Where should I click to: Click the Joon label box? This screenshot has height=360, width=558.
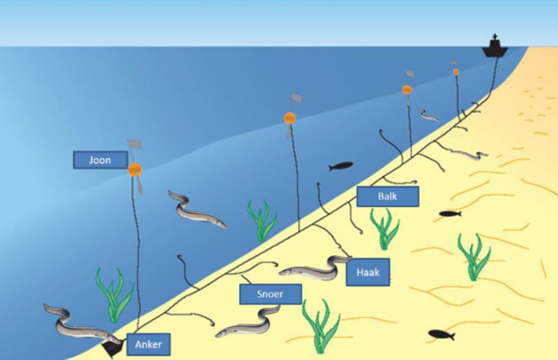[x=100, y=160]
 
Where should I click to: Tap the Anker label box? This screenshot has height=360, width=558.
[x=148, y=345]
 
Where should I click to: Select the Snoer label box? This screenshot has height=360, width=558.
[x=270, y=294]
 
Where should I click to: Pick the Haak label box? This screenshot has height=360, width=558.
[x=367, y=272]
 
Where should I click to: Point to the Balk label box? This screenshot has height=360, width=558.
[x=387, y=197]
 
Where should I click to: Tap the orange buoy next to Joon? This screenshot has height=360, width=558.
[x=134, y=169]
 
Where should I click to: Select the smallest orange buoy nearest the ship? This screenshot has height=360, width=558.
[x=456, y=72]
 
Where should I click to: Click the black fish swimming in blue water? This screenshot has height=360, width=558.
[x=341, y=166]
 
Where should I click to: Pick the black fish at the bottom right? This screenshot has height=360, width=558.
[x=441, y=334]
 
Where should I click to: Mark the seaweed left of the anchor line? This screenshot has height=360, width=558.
[x=114, y=294]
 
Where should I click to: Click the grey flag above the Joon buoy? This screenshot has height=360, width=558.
[x=134, y=144]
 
